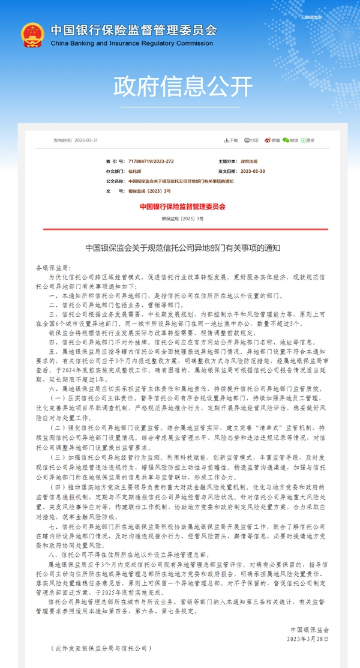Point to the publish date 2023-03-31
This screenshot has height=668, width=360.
pos(86,140)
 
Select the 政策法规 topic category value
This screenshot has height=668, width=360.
pos(249,162)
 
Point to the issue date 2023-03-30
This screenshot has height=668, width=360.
pos(253,172)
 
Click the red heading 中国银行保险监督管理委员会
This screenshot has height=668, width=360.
pos(182,206)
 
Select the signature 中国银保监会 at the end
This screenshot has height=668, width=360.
pos(310,630)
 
